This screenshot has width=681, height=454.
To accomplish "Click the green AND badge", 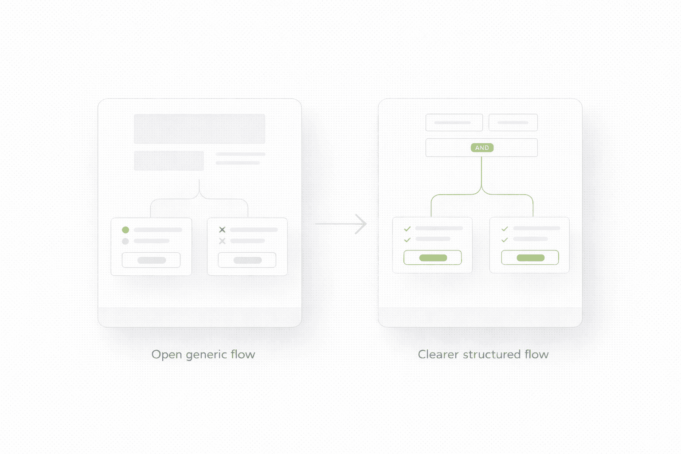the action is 482,148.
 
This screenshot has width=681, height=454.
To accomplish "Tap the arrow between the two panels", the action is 341,224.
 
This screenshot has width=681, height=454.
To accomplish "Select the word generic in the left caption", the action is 206,355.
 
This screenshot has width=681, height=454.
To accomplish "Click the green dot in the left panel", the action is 125,230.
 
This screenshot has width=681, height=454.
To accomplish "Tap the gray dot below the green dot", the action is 125,241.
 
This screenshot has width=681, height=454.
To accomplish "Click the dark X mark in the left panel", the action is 222,230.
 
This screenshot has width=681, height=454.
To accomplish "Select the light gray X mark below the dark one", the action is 222,241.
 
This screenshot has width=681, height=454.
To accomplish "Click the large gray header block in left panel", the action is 200,129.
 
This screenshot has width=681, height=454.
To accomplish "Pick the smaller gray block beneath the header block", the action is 169,160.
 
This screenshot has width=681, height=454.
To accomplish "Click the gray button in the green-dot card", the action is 151,260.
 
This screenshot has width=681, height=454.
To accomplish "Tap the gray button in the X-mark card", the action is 247,260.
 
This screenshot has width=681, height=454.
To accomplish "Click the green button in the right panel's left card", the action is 433,258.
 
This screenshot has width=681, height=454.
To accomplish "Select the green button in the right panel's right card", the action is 530,258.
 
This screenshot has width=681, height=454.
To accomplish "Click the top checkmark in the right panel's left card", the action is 407,229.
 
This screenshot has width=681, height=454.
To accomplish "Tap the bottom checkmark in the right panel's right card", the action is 505,240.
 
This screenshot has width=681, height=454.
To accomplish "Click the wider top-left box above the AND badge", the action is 454,122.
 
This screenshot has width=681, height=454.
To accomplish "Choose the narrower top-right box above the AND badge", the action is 513,122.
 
